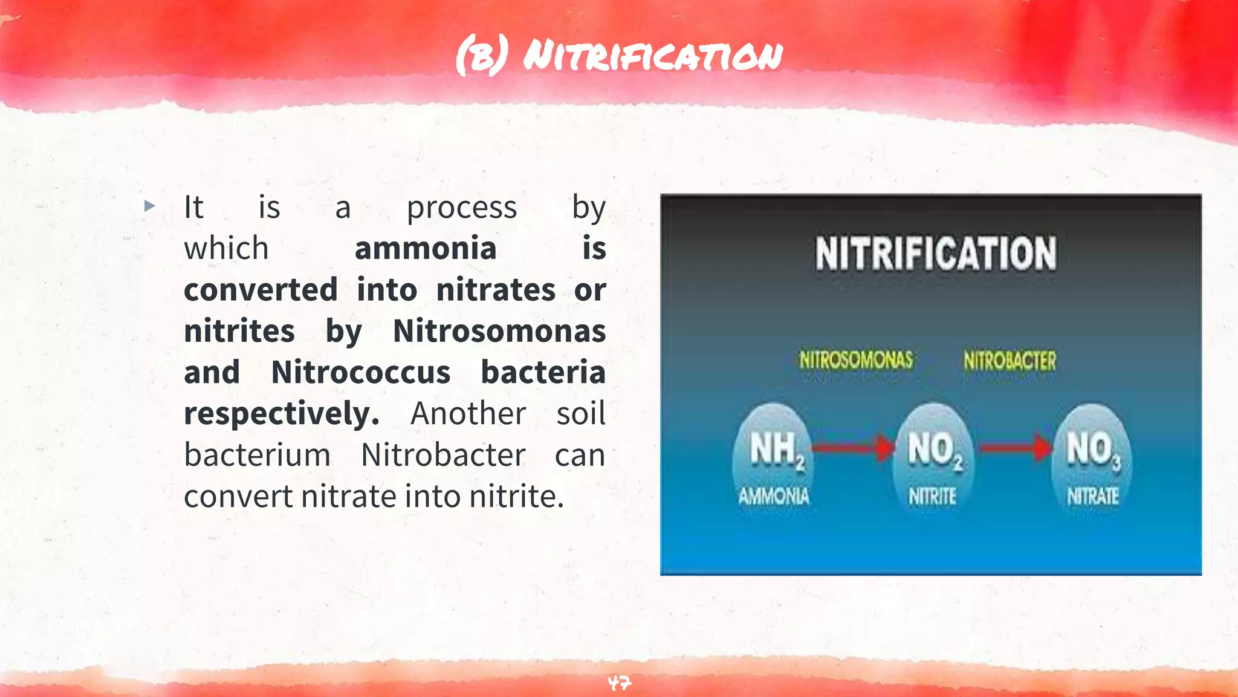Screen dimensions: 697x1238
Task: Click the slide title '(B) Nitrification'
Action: pyautogui.click(x=619, y=56)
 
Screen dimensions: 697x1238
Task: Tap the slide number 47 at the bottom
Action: pyautogui.click(x=619, y=683)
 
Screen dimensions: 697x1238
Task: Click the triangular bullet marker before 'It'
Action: pyautogui.click(x=150, y=206)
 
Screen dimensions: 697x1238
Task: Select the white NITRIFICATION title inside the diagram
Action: pyautogui.click(x=936, y=254)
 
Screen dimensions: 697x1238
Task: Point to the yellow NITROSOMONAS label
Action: pyautogui.click(x=856, y=360)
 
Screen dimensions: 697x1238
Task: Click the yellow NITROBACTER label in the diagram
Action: pyautogui.click(x=1010, y=361)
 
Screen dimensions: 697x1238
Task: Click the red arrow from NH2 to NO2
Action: pyautogui.click(x=852, y=448)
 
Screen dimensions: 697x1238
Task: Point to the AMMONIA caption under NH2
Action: pyautogui.click(x=774, y=497)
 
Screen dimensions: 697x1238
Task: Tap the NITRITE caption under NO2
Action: pyautogui.click(x=933, y=497)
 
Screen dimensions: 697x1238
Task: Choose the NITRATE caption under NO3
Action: pyautogui.click(x=1092, y=497)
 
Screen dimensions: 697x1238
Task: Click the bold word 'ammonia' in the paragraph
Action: pyautogui.click(x=426, y=249)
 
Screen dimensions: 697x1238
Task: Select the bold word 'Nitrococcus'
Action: pyautogui.click(x=361, y=372)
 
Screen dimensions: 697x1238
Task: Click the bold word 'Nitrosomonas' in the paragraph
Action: pyautogui.click(x=499, y=331)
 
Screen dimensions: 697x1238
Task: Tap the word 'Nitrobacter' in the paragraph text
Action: pyautogui.click(x=443, y=455)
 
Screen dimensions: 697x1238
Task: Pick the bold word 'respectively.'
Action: pyautogui.click(x=282, y=414)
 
